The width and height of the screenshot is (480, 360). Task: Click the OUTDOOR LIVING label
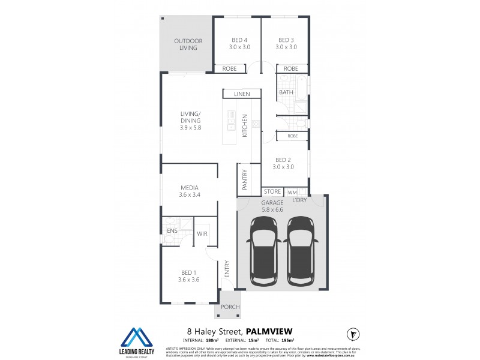pos(188,44)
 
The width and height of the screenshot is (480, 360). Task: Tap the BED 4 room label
pos(240,44)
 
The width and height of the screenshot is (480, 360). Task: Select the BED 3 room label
pos(286,44)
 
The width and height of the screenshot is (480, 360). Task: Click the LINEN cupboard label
pos(242,94)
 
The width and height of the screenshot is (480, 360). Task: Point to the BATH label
pos(286,92)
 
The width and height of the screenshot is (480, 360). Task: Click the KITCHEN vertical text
pos(245,126)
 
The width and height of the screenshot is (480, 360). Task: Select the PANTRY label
pos(245,179)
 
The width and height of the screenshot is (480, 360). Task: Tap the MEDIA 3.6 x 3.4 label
pos(189,191)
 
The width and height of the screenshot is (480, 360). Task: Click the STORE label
pos(273,192)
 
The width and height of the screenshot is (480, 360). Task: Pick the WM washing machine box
pos(292,192)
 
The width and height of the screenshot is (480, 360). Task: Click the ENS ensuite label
pos(172,230)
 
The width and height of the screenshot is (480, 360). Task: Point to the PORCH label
pos(230,307)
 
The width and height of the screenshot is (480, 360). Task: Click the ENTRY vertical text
pos(227,268)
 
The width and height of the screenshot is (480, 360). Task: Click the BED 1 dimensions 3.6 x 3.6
pos(189,279)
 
